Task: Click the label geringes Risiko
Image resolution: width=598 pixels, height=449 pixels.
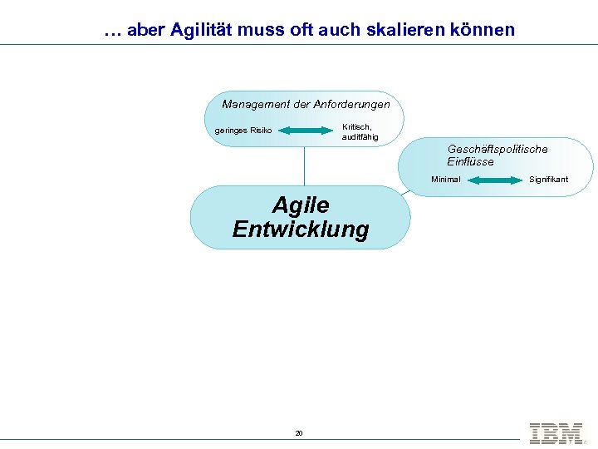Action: point(243,130)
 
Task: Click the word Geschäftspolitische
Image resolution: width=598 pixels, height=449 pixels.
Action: point(498,149)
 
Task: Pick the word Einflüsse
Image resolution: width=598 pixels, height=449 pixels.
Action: point(470,161)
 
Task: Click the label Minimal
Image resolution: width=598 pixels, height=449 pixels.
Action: point(445,180)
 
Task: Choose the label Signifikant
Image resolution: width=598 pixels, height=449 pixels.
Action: point(549,180)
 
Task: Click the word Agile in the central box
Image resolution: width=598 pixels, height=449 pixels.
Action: point(301,205)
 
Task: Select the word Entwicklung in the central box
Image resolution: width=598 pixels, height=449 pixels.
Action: point(301,229)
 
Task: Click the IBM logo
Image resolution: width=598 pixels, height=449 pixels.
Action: point(556,432)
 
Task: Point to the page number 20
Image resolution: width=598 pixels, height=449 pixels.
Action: point(299,433)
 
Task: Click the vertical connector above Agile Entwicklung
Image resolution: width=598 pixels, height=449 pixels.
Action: point(304,166)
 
